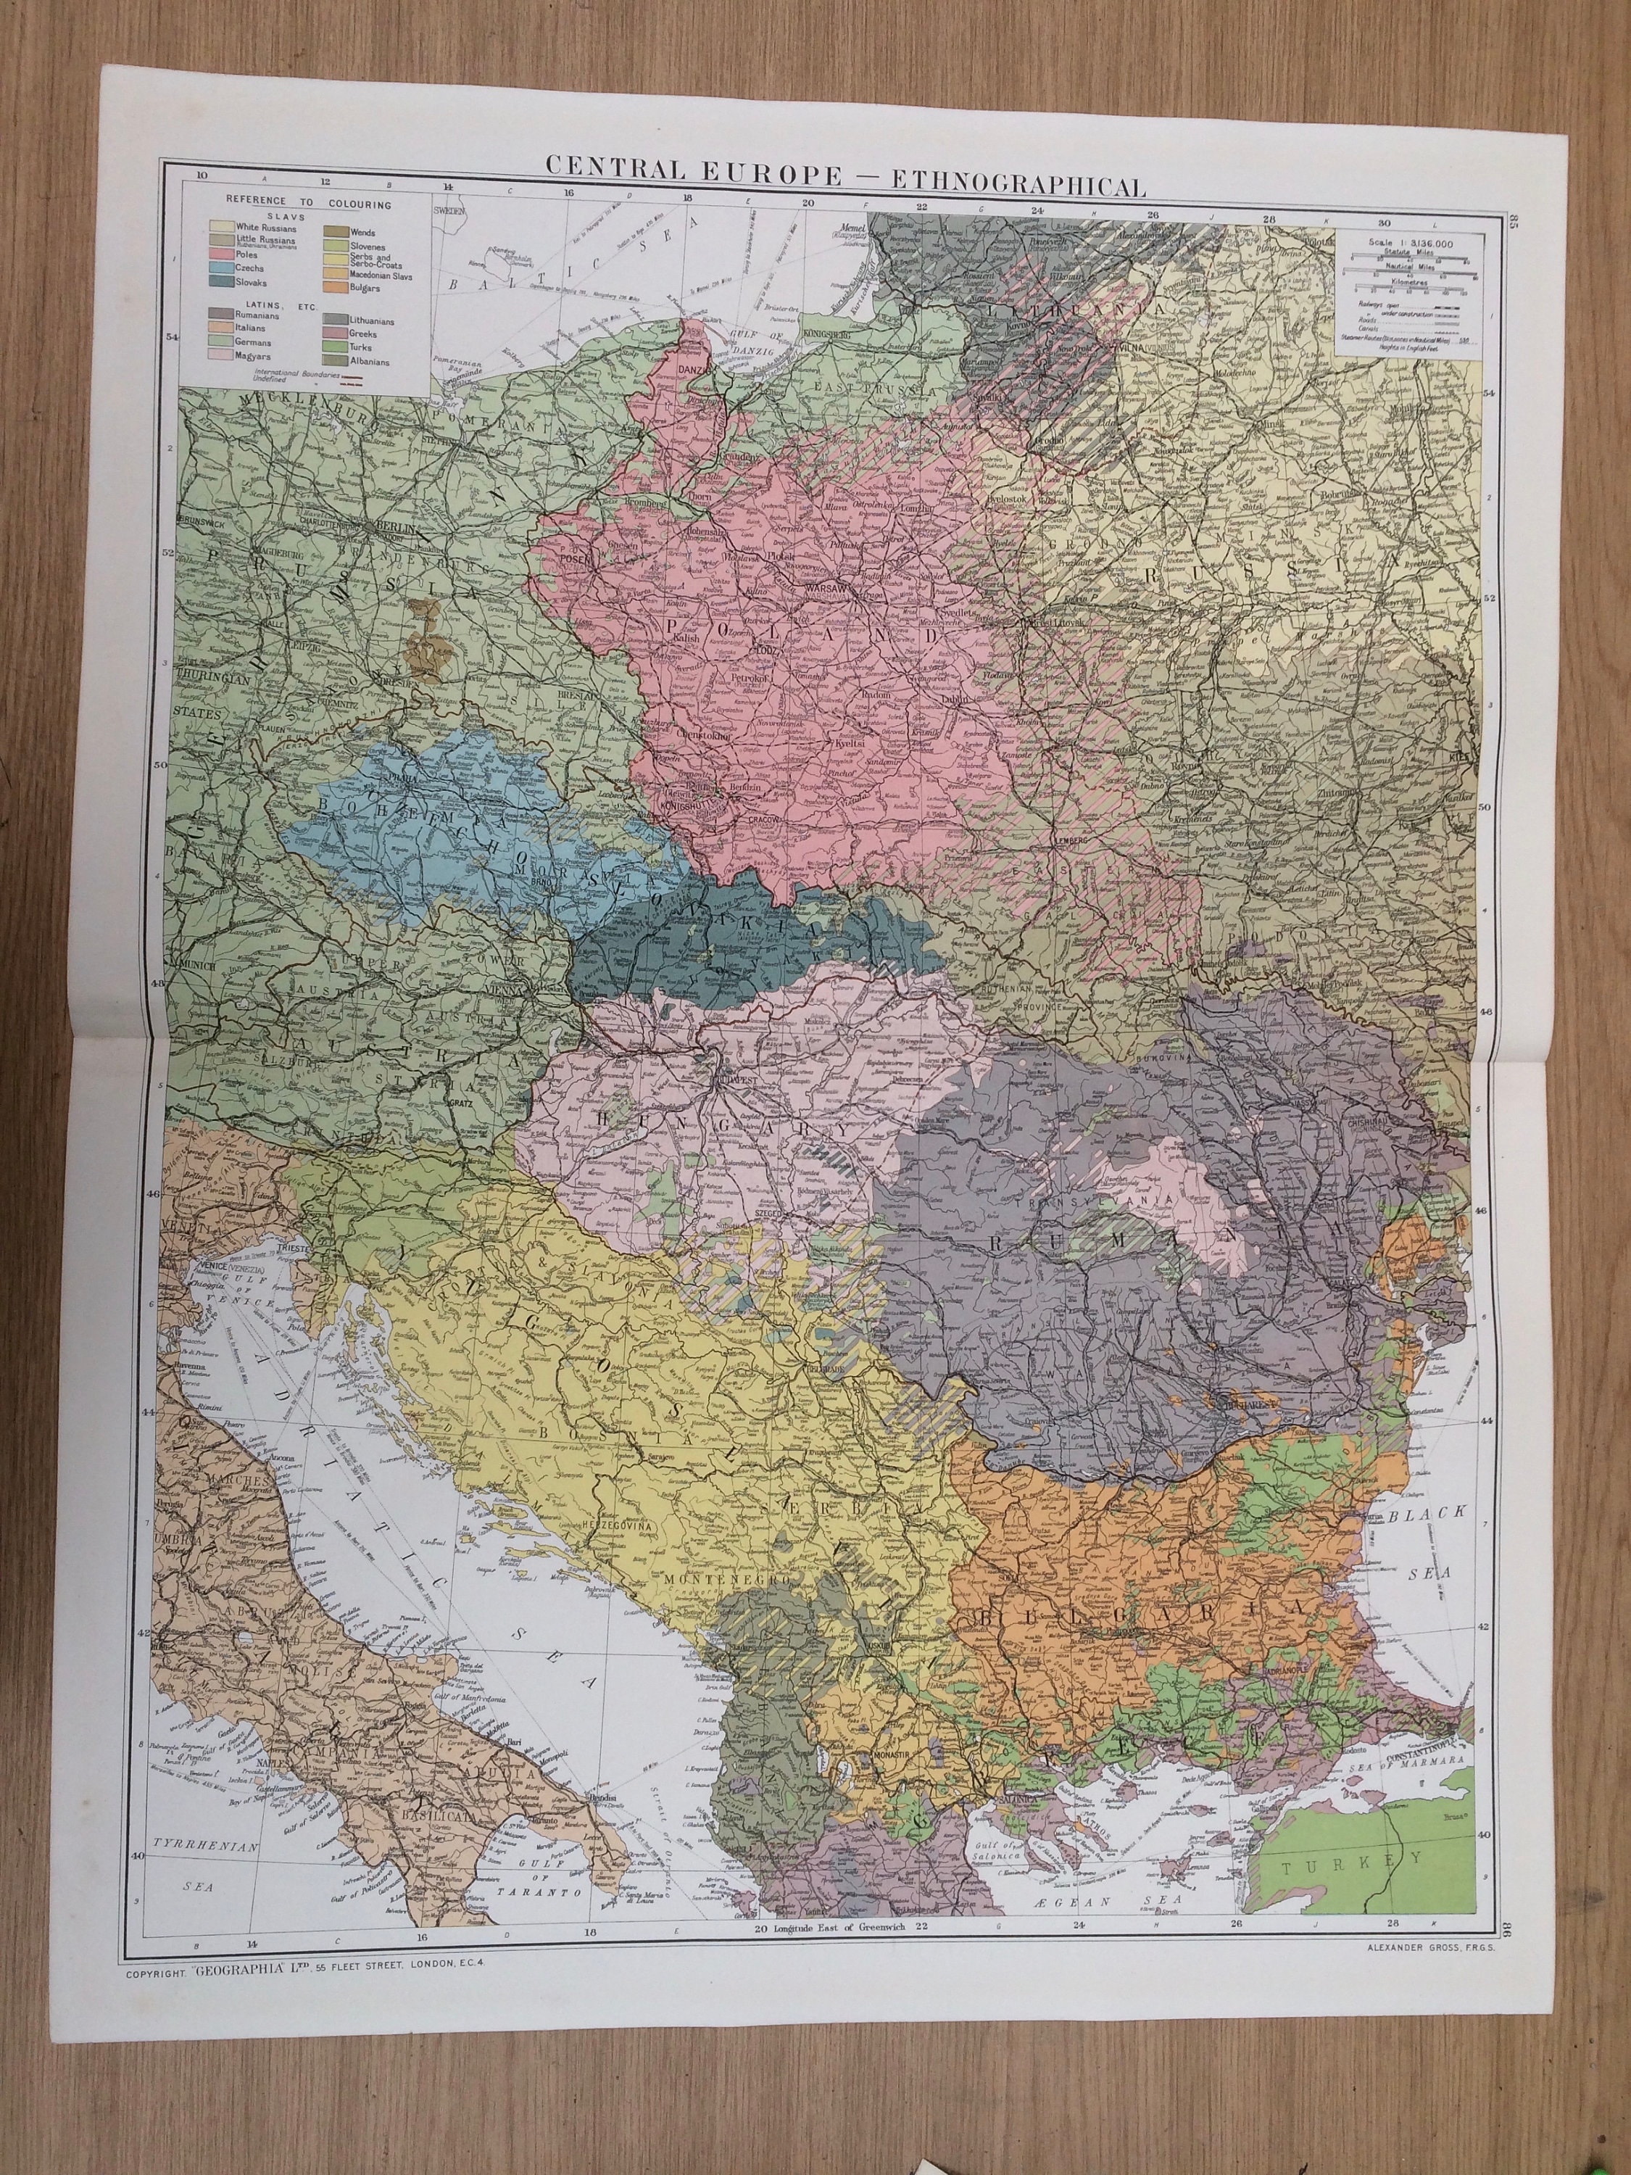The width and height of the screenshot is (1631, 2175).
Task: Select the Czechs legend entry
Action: [248, 268]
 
